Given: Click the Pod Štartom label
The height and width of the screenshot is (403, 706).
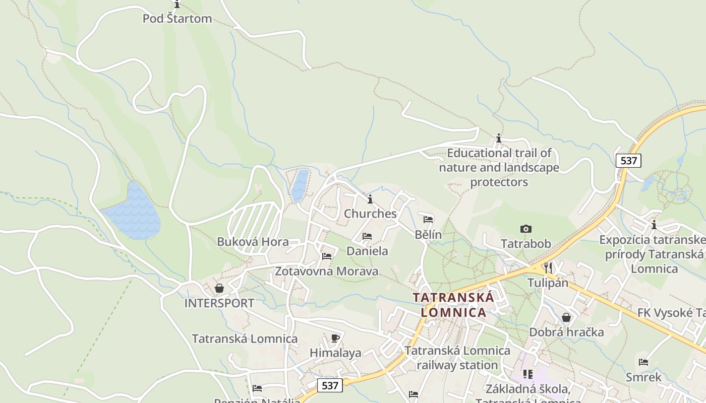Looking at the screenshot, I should pos(177,19).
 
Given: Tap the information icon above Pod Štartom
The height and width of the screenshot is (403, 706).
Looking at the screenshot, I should pos(177,5).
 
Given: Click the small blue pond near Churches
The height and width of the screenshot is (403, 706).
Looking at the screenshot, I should pos(300,185).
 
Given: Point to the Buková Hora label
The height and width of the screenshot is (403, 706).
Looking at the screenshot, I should pos(253,242).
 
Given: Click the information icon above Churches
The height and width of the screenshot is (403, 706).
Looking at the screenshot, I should pos(370,199).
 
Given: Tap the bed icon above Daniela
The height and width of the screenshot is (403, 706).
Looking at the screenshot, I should pos(367,236).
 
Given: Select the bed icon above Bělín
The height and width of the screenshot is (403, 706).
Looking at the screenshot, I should pos(428,220).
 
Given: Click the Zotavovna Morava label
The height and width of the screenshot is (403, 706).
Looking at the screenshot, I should pos(326,272).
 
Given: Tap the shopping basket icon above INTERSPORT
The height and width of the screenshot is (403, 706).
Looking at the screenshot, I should pos(219,288).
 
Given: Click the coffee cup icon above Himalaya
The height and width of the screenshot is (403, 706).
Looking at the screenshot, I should pos(335,338).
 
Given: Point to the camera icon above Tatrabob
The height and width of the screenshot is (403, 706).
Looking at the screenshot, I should pos(526,229).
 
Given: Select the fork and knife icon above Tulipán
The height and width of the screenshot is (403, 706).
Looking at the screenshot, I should pos(548,267).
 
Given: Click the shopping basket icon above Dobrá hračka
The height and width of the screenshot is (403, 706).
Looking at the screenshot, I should pos(566,317).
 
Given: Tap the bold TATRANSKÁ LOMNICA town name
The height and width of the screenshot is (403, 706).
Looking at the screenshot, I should pos(453,305).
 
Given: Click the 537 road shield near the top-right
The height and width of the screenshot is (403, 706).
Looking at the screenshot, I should pos(628,161).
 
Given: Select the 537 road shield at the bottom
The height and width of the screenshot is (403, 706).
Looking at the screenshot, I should pos(330,385).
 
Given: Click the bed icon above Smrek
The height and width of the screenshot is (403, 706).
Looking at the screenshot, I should pos(643,362).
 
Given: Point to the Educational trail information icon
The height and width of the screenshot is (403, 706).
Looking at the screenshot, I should pos(499,138).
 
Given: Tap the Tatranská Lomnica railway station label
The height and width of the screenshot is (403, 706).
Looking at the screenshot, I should pos(457,358).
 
